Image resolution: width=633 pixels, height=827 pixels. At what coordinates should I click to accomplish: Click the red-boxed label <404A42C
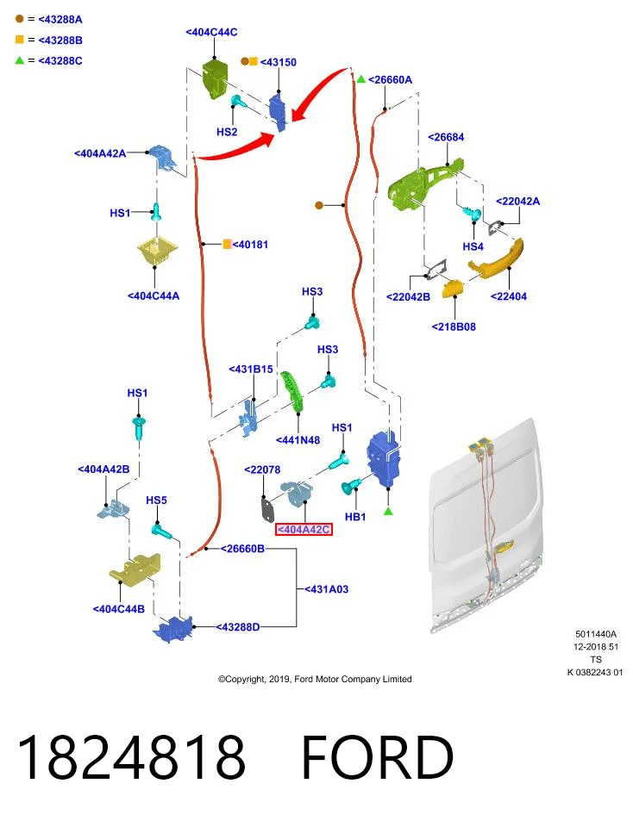(x=304, y=529)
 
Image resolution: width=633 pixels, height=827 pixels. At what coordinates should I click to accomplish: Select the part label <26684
(x=446, y=137)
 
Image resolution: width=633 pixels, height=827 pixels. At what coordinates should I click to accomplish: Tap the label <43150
(x=279, y=62)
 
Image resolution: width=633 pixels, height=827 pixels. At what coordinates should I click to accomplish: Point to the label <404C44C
(x=211, y=32)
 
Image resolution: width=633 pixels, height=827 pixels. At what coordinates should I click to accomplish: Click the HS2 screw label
(x=227, y=132)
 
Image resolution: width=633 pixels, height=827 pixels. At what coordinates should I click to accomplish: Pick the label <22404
(x=509, y=296)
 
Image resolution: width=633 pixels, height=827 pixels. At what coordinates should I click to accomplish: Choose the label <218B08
(x=454, y=327)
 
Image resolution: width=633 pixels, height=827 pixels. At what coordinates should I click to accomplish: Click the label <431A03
(x=326, y=589)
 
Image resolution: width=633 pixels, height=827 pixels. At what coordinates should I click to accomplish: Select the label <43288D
(x=237, y=627)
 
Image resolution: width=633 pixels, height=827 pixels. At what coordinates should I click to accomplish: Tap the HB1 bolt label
(x=355, y=517)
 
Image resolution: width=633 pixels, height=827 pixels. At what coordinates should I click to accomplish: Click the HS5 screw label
(x=156, y=500)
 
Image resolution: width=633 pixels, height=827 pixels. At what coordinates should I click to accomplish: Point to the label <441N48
(x=298, y=440)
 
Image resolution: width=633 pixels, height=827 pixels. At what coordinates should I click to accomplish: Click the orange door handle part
(x=496, y=258)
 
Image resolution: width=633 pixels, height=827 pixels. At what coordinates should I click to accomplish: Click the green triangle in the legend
(x=20, y=60)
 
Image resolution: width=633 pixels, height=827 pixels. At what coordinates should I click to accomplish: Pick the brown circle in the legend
(x=20, y=19)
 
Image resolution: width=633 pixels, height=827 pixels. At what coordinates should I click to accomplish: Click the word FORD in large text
(x=378, y=757)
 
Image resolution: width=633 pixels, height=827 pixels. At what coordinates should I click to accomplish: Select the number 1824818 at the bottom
(x=131, y=757)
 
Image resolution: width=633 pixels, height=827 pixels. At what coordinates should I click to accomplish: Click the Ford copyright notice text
(x=315, y=680)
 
